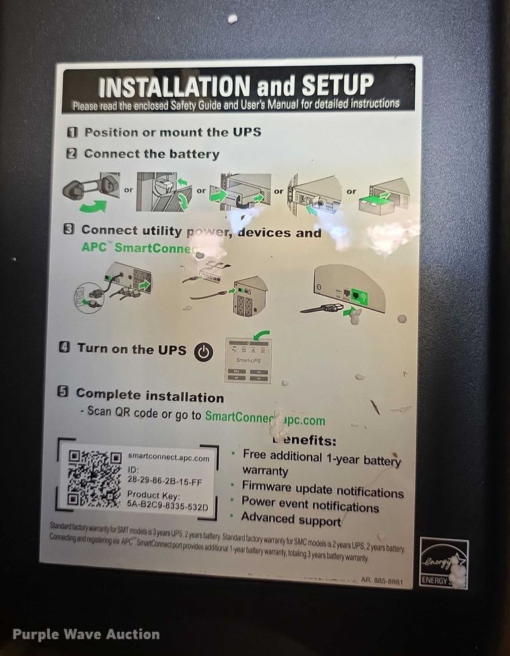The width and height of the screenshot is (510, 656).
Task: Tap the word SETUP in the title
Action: click(x=336, y=85)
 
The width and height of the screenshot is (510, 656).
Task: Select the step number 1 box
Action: click(x=72, y=133)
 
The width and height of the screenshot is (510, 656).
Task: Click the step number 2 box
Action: click(x=72, y=154)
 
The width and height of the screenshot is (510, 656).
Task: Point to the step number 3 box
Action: click(x=69, y=229)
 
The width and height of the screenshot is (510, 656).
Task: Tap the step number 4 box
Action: click(x=65, y=349)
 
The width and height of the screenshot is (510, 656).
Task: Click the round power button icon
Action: click(x=204, y=351)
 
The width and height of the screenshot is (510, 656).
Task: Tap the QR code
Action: click(x=94, y=480)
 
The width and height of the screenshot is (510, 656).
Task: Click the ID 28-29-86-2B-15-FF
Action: click(x=165, y=482)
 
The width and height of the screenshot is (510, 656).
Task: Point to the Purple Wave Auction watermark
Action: click(x=86, y=634)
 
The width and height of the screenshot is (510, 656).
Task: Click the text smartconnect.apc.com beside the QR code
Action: click(x=168, y=458)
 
